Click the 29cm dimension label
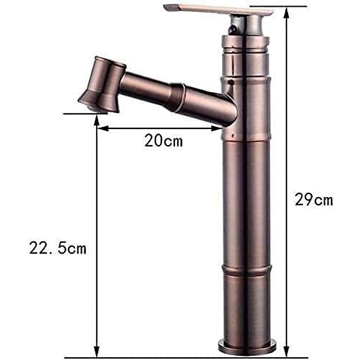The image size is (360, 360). point(314,199)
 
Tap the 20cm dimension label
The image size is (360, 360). point(163,140)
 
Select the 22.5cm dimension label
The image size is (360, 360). point(58,248)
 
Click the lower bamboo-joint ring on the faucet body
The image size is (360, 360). point(247,269)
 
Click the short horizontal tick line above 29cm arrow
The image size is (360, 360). point(278,6)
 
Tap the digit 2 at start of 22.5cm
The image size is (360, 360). point(34,248)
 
